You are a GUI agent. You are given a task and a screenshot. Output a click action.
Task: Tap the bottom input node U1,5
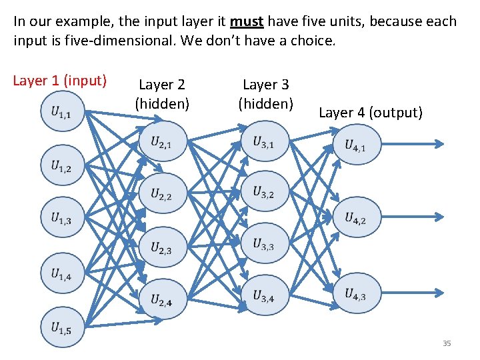pos(61,327)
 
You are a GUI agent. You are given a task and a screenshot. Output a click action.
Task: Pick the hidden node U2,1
pos(162,141)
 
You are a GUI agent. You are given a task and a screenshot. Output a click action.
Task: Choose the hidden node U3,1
pos(264,141)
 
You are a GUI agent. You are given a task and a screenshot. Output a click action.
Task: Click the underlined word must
pos(247,21)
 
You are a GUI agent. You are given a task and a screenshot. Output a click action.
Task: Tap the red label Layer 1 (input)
pos(60,81)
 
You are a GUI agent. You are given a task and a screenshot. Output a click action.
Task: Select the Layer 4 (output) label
pos(371,113)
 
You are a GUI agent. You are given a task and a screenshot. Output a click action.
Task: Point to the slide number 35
pos(447,343)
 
